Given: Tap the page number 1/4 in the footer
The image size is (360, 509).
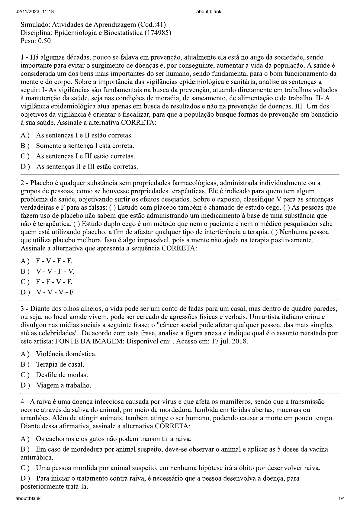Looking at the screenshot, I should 342,498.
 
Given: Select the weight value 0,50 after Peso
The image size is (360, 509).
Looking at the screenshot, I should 44,41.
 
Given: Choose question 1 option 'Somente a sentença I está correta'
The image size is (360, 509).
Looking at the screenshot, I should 85,146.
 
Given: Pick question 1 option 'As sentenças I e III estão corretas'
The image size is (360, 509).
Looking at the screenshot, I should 85,156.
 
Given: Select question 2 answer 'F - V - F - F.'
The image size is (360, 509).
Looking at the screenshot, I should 54,261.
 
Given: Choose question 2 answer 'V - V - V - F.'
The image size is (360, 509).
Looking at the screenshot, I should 56,292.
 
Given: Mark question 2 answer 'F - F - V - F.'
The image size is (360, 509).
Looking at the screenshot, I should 54,282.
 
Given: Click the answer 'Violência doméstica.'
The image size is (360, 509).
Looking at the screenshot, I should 66,354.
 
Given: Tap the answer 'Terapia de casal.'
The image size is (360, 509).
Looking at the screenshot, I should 60,364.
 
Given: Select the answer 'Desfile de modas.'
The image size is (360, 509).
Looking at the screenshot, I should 62,375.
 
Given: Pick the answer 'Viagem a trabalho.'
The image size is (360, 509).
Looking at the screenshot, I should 64,385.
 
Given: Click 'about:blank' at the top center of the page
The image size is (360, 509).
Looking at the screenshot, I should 209,11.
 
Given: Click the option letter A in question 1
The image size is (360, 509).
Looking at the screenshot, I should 24,135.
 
